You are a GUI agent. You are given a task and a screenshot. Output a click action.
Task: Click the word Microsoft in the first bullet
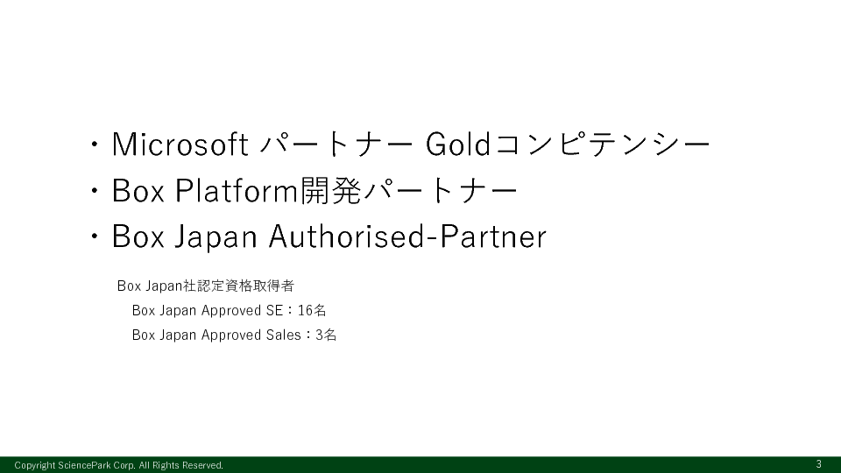tap(180, 145)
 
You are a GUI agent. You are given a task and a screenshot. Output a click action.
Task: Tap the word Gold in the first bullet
tap(458, 145)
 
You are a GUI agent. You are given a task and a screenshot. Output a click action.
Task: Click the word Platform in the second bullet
tap(237, 190)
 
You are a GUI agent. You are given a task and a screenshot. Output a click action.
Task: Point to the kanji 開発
tap(330, 190)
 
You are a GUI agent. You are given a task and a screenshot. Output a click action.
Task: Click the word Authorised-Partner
tap(407, 236)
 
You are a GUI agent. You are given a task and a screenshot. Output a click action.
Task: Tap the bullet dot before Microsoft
tap(95, 145)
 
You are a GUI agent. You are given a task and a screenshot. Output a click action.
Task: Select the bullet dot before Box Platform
tap(95, 190)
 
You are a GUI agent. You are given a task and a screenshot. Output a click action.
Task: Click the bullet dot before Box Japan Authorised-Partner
tap(95, 236)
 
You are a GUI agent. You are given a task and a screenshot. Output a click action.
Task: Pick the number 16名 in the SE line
tap(312, 310)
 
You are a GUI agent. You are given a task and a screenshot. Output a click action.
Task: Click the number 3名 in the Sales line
tap(326, 335)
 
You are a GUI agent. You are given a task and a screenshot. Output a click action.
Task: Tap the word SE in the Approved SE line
tap(274, 310)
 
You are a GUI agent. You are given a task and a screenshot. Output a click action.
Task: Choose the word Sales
tap(283, 335)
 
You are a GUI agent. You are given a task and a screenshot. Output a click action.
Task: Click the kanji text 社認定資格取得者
tap(238, 286)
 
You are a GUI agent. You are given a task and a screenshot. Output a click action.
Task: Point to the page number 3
tap(818, 464)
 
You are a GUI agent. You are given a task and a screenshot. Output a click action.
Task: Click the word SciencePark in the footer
tap(84, 465)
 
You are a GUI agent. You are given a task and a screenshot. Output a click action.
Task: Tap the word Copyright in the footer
tap(35, 465)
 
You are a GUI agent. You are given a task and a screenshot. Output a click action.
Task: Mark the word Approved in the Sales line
tap(231, 335)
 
